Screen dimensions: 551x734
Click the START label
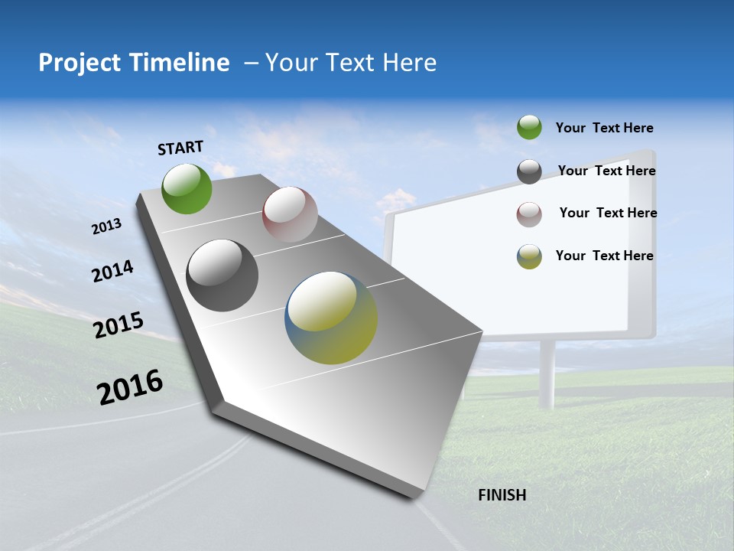(180, 148)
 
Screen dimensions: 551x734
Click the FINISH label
(502, 495)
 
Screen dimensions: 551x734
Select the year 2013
(106, 227)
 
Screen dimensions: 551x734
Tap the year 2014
(112, 272)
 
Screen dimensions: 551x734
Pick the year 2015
(118, 325)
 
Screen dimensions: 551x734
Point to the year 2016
(130, 387)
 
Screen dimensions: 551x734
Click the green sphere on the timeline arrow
(187, 188)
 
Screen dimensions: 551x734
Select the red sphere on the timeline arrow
(290, 214)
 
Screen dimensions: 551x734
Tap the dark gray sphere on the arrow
(222, 275)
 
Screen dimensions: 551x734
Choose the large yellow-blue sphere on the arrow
(331, 318)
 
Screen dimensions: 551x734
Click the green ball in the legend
(529, 128)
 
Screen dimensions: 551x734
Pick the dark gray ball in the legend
(529, 171)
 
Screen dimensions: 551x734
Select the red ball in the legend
(529, 214)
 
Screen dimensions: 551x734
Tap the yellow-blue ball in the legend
(529, 256)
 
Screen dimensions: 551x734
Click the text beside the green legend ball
(604, 129)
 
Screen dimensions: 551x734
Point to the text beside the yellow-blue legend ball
(604, 256)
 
